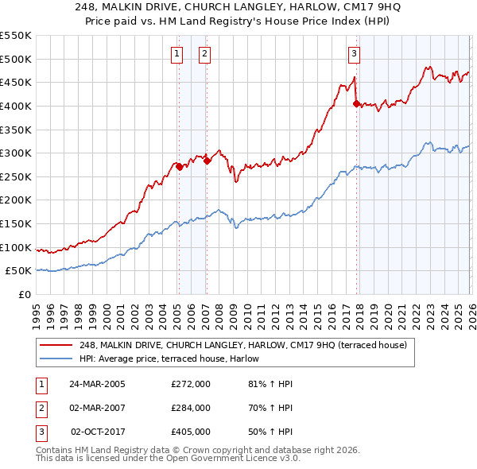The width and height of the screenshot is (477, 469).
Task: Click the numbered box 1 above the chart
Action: point(176,54)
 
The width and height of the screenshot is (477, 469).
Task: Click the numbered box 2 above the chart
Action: point(204,54)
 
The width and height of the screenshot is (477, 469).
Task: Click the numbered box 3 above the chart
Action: point(354,54)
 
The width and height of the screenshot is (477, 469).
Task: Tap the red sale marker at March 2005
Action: point(179,167)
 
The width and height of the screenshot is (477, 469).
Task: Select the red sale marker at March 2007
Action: point(207,161)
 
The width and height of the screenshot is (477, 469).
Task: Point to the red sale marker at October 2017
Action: point(355,103)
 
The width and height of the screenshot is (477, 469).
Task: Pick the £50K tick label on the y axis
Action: point(19,271)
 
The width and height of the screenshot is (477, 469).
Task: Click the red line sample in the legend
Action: point(56,345)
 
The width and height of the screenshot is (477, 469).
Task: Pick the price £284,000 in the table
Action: point(191,408)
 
